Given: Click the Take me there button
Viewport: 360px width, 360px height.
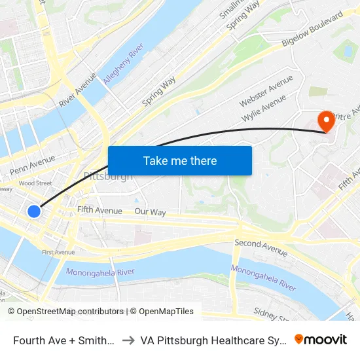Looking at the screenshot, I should coord(179,160).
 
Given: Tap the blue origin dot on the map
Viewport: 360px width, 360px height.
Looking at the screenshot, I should coord(34,211).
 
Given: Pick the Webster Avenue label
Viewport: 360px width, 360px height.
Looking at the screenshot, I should coord(266,91).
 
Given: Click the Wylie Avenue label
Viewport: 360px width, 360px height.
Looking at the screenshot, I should coord(264,108).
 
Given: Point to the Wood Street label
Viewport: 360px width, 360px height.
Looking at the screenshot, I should coord(35,183).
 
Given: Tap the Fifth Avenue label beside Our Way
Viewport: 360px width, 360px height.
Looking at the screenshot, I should coord(99,211).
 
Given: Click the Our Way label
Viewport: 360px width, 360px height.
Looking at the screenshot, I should coord(150,212).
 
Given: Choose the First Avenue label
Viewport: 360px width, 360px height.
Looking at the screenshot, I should coord(58,252).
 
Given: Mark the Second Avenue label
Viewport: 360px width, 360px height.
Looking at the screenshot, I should coord(261,247).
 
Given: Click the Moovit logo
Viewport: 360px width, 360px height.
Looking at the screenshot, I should coord(321,339).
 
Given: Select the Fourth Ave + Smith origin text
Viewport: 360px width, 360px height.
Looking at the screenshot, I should coord(64,340).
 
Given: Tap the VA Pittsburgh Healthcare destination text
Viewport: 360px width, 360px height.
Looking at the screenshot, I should coord(213,340).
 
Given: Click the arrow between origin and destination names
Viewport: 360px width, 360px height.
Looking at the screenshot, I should coord(128,340).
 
